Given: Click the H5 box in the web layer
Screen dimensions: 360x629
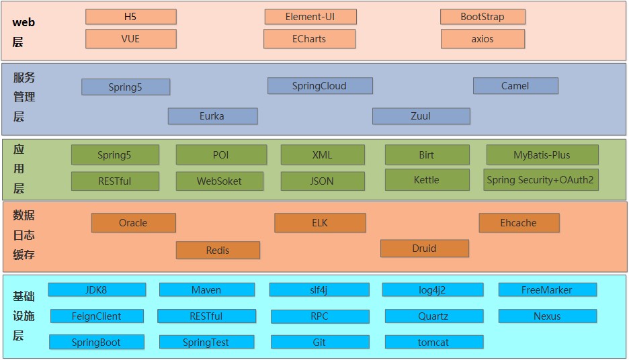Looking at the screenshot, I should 130,17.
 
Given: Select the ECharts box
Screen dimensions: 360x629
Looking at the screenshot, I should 308,39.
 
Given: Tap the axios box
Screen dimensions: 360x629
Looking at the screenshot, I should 483,39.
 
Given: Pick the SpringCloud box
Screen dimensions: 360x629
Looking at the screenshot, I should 319,86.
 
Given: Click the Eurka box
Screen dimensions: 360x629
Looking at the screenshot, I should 212,116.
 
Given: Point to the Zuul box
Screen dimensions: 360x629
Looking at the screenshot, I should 421,116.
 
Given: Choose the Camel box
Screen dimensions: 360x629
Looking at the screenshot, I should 515,86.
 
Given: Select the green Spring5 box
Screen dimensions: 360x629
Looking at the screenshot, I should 115,155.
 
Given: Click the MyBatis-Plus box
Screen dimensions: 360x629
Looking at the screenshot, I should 542,155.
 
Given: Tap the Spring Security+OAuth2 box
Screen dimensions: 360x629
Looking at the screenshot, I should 541,180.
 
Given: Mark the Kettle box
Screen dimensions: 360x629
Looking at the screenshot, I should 427,180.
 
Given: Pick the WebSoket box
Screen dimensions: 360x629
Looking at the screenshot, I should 220,181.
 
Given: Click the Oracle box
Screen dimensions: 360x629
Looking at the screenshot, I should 133,223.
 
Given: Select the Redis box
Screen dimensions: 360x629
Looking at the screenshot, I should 218,251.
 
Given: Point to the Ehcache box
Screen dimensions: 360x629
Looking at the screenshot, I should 518,223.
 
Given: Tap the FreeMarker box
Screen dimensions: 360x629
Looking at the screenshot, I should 547,290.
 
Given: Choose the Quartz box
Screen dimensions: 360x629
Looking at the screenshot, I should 433,316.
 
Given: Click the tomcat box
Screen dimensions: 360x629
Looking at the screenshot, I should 433,343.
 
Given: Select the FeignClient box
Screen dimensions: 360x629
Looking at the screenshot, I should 96,316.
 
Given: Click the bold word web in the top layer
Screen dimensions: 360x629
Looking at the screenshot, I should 24,22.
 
